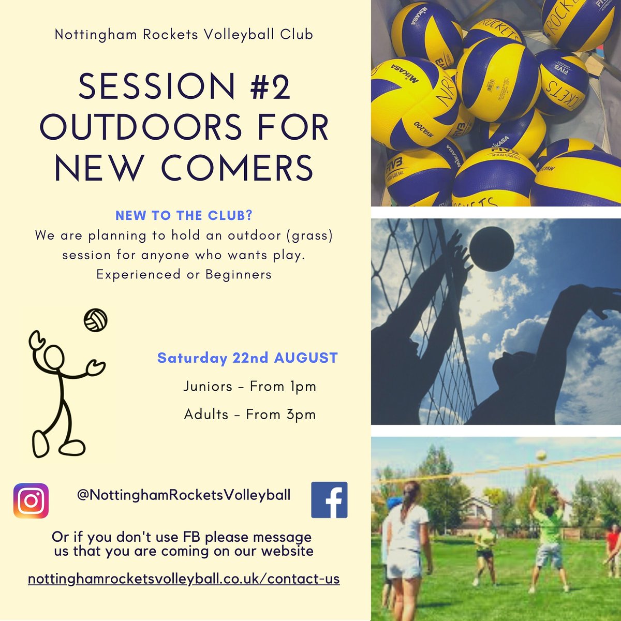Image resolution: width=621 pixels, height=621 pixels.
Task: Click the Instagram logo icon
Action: coord(31,500)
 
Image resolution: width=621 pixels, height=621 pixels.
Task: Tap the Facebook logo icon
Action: coord(329,500)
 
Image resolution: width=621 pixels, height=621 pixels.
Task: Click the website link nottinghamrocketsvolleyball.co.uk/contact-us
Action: coord(184,579)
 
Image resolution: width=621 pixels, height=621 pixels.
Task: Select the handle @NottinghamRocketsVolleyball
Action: coord(184,495)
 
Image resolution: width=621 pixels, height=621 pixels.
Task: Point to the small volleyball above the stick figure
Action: coord(96,321)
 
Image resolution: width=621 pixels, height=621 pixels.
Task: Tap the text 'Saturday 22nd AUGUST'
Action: coord(247,358)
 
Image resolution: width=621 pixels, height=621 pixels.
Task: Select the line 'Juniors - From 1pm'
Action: coord(249,387)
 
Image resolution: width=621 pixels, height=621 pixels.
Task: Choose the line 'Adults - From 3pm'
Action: coord(250,415)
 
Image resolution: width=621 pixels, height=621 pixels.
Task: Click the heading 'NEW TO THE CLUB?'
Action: coord(184,216)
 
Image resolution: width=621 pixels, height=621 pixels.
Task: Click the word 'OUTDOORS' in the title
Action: coord(141,128)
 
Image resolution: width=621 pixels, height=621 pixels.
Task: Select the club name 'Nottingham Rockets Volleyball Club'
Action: coord(184,35)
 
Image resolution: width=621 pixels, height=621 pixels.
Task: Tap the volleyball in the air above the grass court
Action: coord(541,455)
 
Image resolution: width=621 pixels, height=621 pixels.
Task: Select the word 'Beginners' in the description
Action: coord(238,274)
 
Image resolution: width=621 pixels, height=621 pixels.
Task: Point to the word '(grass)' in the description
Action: coord(310,236)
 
